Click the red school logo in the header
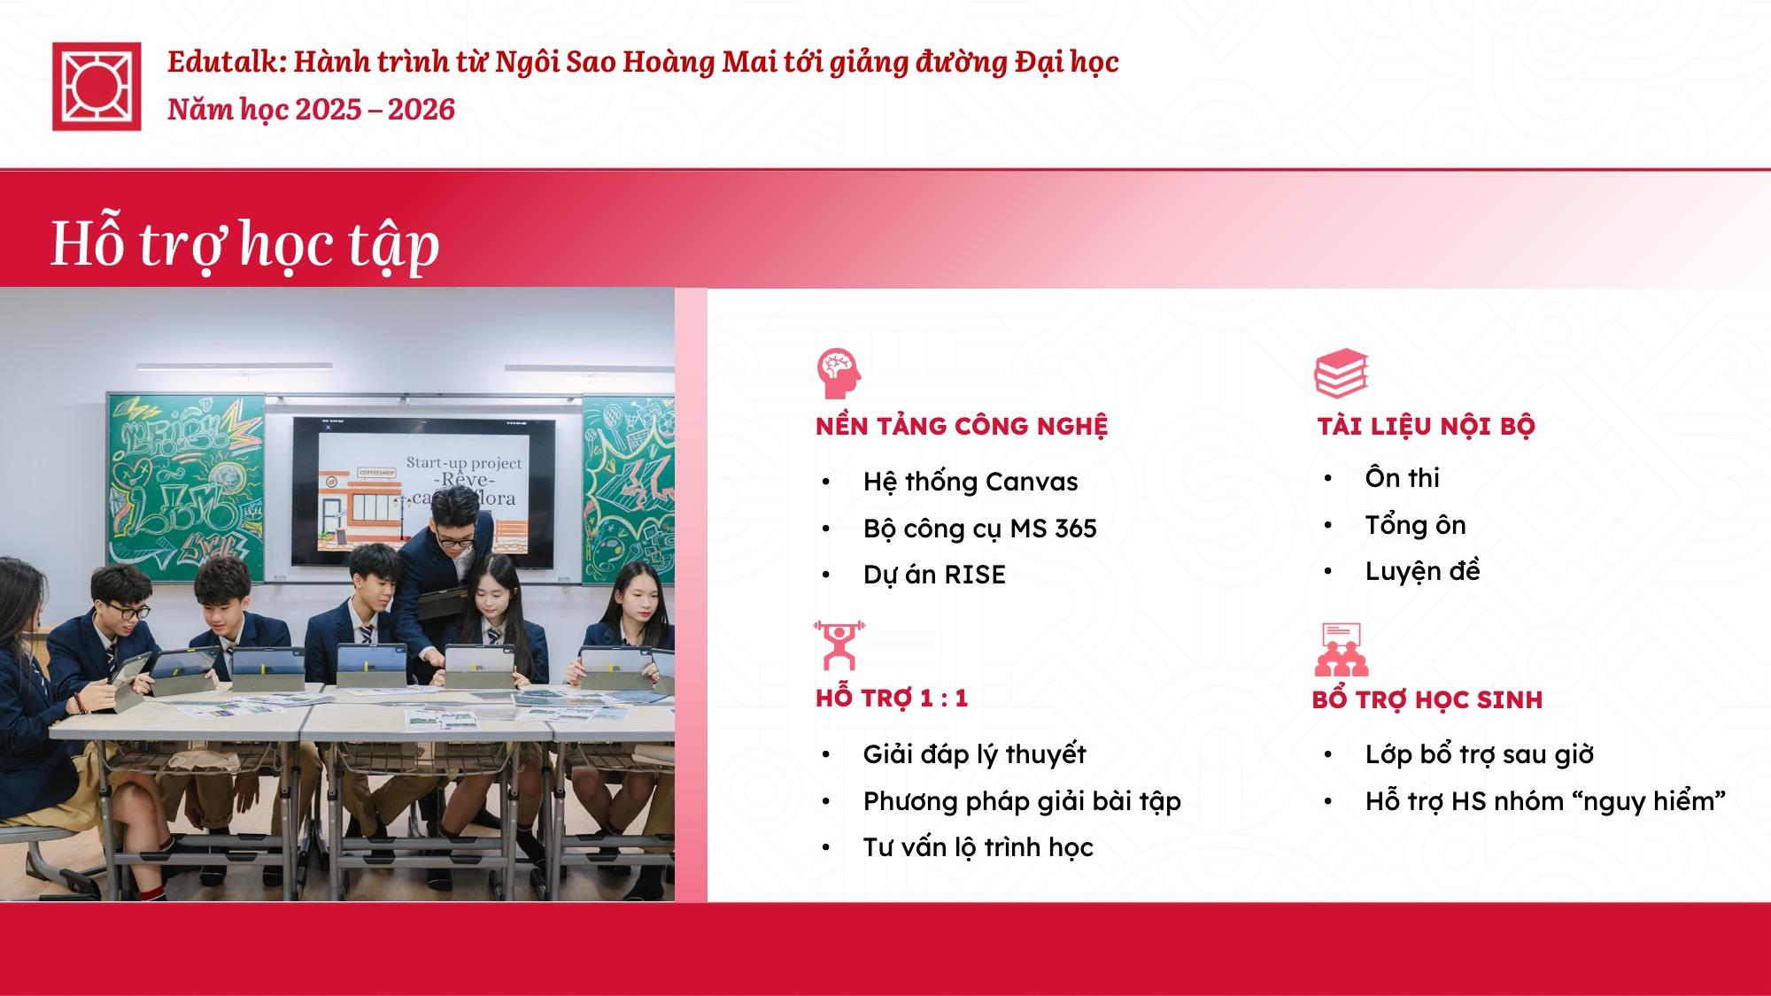pyautogui.click(x=97, y=86)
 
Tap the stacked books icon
pyautogui.click(x=1342, y=374)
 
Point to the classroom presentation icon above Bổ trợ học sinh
pyautogui.click(x=1342, y=650)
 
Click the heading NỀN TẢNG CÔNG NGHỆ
pyautogui.click(x=962, y=426)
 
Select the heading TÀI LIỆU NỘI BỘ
pyautogui.click(x=1426, y=426)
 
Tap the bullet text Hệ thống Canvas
pyautogui.click(x=971, y=482)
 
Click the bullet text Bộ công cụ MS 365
pyautogui.click(x=980, y=529)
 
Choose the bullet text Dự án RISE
pyautogui.click(x=934, y=575)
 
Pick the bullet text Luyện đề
pyautogui.click(x=1422, y=571)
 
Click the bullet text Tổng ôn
pyautogui.click(x=1415, y=525)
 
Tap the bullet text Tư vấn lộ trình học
pyautogui.click(x=978, y=847)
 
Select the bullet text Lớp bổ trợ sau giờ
pyautogui.click(x=1480, y=754)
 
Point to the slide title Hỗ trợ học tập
pyautogui.click(x=245, y=243)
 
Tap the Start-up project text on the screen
pyautogui.click(x=464, y=463)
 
